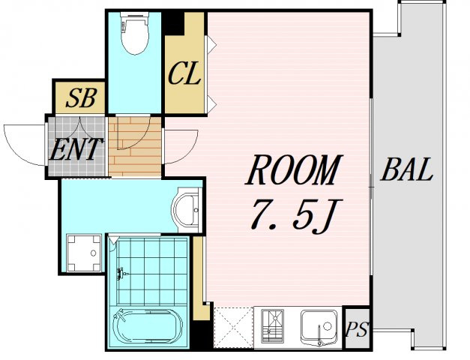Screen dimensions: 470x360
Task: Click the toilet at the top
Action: (x=135, y=33)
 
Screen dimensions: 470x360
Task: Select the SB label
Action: (x=81, y=98)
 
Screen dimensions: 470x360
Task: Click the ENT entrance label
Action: (x=76, y=149)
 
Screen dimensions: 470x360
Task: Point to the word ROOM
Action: (x=294, y=170)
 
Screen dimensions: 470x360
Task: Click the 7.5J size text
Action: (x=296, y=215)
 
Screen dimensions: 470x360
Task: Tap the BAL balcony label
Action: (x=407, y=169)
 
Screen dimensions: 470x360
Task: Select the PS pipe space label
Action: (x=356, y=329)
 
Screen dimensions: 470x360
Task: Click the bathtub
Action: (x=148, y=326)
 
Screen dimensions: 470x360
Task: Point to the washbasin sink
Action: (x=186, y=209)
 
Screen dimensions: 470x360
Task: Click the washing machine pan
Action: (x=84, y=253)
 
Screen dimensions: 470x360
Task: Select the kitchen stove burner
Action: (x=272, y=326)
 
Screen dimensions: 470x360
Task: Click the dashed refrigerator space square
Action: (x=234, y=328)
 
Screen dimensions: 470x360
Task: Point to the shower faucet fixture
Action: (x=121, y=273)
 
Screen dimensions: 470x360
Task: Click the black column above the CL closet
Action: (x=174, y=23)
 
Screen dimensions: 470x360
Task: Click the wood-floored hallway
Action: (x=135, y=146)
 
